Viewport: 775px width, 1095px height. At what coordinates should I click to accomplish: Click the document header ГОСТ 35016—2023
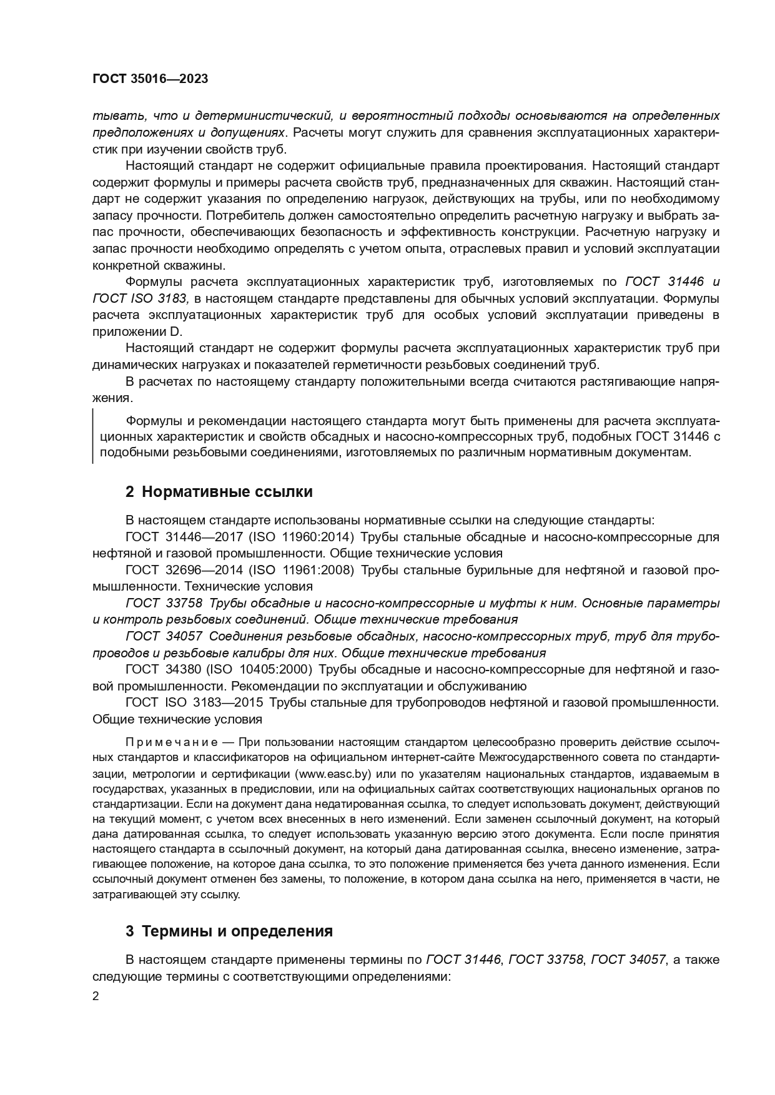(x=150, y=79)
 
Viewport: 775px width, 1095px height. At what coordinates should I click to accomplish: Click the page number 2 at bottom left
(x=96, y=996)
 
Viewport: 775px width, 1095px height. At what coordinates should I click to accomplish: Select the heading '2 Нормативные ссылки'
(x=219, y=491)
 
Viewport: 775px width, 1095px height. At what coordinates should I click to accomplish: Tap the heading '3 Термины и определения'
(x=229, y=931)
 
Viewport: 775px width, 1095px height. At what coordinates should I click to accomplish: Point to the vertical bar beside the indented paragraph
(x=93, y=436)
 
